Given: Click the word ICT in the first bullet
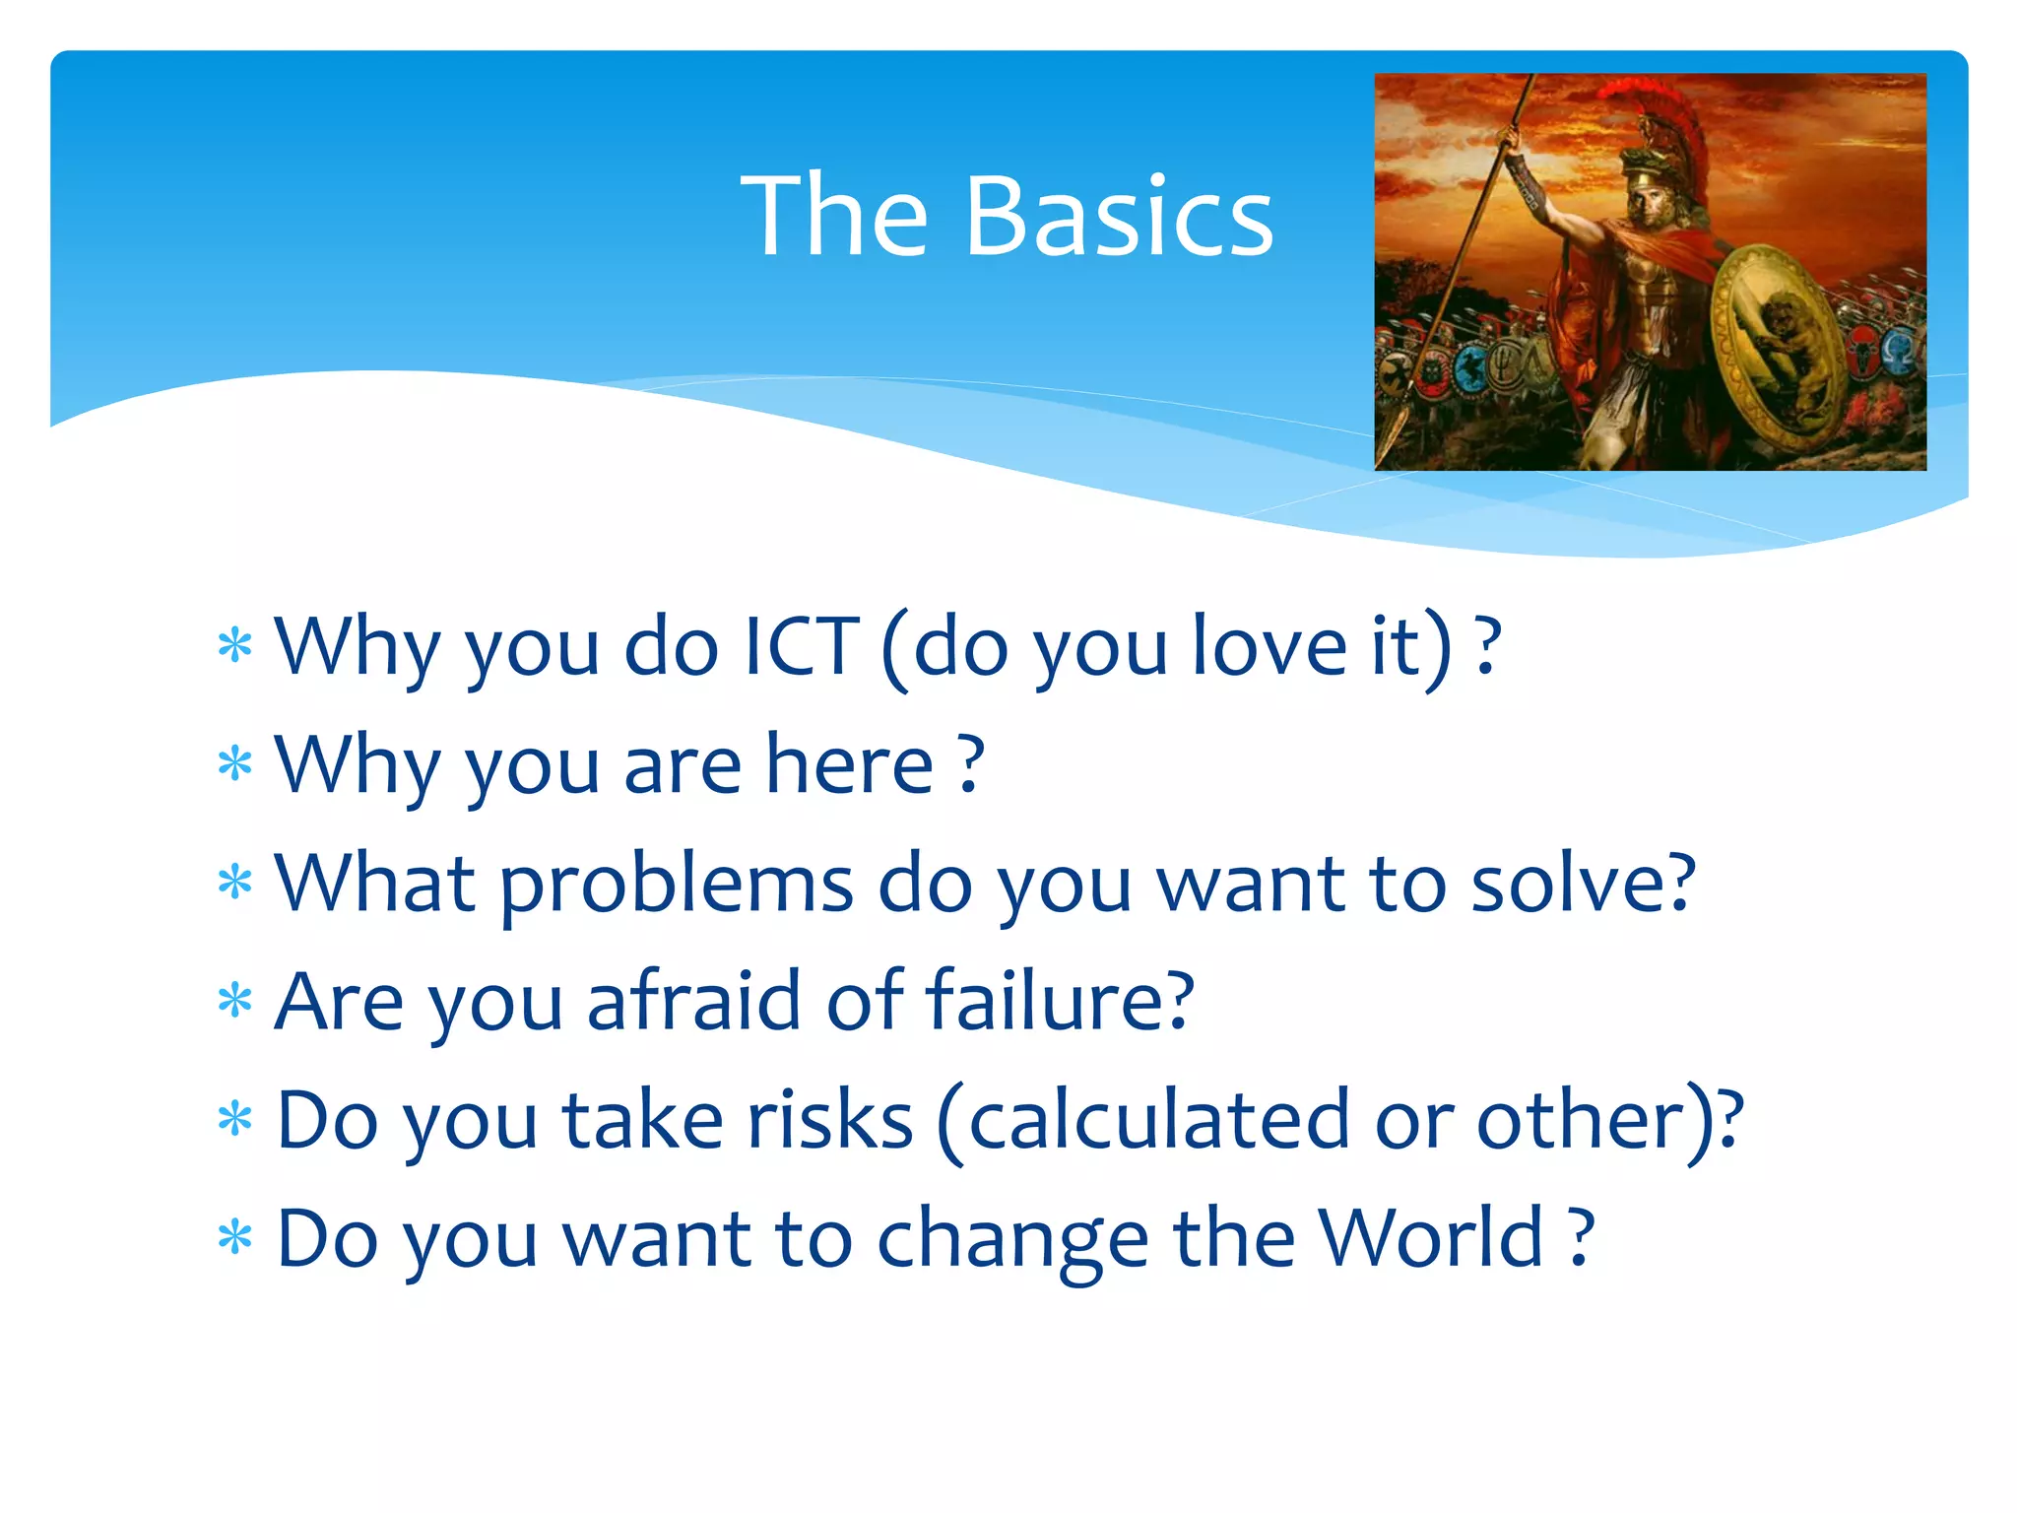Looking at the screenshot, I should tap(802, 647).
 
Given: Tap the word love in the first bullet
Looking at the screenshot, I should tap(1269, 647).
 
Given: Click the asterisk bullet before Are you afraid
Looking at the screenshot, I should tap(235, 1002).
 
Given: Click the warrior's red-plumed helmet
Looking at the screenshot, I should tap(1664, 138).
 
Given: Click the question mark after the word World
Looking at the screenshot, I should tap(1580, 1238).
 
